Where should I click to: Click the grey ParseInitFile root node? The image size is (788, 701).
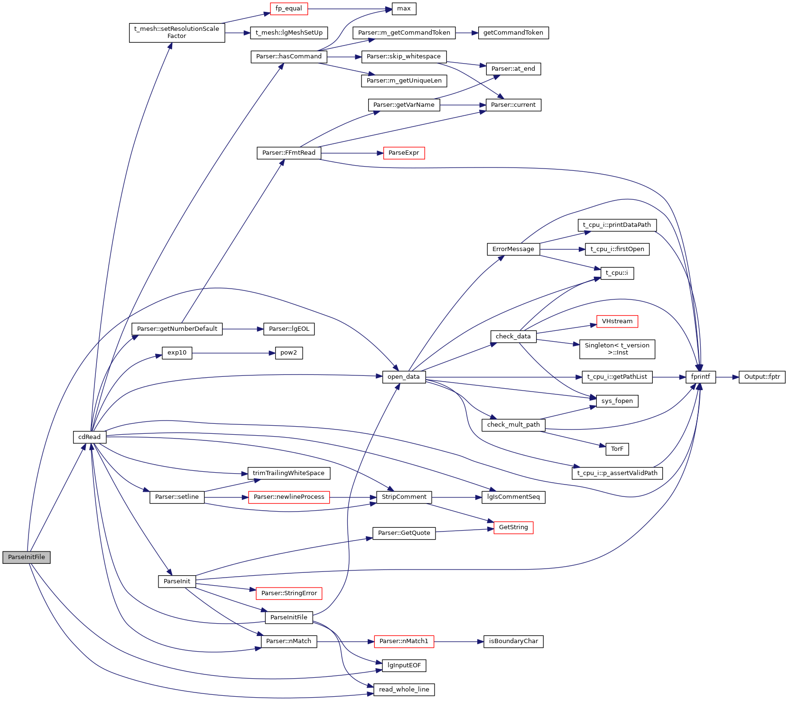click(27, 557)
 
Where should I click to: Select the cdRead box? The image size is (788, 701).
click(90, 437)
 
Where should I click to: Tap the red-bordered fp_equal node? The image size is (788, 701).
click(288, 9)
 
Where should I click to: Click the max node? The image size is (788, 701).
click(404, 9)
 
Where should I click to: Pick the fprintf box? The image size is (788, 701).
click(701, 377)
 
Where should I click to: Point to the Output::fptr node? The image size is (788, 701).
click(762, 377)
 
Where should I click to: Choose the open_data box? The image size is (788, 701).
click(404, 377)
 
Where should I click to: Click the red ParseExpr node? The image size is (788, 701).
click(404, 153)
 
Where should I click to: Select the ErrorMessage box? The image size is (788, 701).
click(513, 249)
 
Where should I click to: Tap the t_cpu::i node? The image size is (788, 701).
click(617, 273)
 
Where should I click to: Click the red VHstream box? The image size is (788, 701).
click(617, 321)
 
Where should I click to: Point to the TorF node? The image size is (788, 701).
click(617, 449)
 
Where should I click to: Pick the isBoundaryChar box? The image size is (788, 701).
click(513, 641)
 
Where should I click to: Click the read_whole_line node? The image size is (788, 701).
click(404, 690)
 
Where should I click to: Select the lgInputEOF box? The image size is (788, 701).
click(404, 665)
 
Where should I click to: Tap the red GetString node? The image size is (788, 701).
click(513, 527)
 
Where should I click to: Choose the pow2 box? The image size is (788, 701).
click(289, 353)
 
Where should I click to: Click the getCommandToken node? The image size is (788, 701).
click(513, 33)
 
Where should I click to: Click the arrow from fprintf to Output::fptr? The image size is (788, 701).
click(727, 377)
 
